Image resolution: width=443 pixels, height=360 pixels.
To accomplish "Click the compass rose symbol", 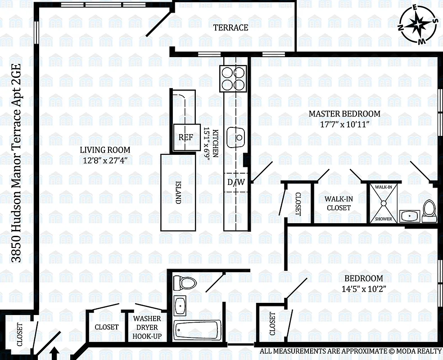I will (x=418, y=24).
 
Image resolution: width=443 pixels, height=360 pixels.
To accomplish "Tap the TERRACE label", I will (x=231, y=27).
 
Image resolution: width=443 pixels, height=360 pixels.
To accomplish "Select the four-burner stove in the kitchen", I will (x=233, y=79).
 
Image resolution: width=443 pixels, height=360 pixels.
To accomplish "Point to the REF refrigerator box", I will (x=185, y=137).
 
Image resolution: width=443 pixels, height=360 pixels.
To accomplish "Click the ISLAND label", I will (x=178, y=193).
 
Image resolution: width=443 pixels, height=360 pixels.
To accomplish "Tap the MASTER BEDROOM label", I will (x=344, y=114).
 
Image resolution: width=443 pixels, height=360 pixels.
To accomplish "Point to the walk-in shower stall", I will (x=384, y=203).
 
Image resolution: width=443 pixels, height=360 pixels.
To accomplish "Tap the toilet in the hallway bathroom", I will (x=185, y=283).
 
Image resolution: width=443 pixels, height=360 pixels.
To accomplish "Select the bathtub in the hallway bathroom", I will (x=197, y=332).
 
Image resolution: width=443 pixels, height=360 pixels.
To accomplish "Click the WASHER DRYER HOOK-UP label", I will (x=146, y=327).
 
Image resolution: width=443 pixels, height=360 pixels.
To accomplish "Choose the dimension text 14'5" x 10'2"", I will (x=363, y=289).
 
